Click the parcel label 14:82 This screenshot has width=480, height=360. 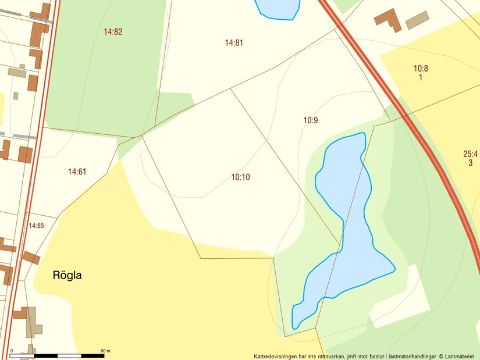[x=113, y=32]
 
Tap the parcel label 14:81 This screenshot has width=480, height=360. [x=233, y=42]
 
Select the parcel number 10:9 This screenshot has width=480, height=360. [x=311, y=120]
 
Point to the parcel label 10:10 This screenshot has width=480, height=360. [x=240, y=177]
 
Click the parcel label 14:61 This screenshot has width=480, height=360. [x=77, y=172]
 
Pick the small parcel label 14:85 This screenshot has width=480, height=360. [x=36, y=226]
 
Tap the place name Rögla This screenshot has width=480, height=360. [x=67, y=276]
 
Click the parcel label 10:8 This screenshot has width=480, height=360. [x=421, y=69]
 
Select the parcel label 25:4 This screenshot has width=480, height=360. [x=470, y=154]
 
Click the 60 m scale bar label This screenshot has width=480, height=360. [x=105, y=351]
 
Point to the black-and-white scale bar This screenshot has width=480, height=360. [x=57, y=355]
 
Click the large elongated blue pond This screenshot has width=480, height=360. [x=349, y=221]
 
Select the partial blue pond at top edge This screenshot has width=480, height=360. [x=278, y=8]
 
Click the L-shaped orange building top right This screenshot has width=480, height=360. [x=388, y=19]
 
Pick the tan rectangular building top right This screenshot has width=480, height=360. [x=417, y=20]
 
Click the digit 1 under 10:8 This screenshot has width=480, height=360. [x=421, y=77]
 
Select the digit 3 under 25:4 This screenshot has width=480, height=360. [x=470, y=163]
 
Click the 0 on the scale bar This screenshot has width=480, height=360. [x=12, y=351]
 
